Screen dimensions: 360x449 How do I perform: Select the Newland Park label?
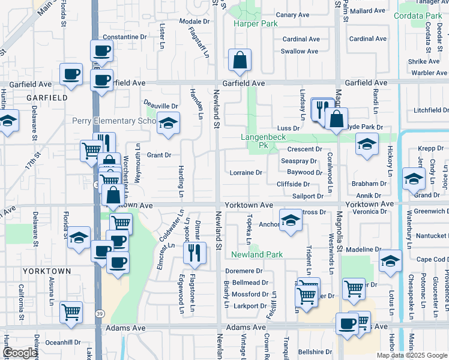coord(258,254)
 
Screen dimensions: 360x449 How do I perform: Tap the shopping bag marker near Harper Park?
coord(240,59)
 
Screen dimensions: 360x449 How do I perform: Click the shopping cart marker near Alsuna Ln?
coord(71,312)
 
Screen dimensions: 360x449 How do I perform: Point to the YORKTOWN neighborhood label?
coord(47,271)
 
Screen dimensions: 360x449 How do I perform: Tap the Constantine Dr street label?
coord(125,37)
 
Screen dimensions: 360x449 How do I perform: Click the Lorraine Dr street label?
coord(246,173)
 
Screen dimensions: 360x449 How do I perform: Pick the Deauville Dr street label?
coord(161,106)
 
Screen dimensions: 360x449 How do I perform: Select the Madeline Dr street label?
coord(364,249)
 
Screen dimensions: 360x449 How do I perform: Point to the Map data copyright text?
coord(412,355)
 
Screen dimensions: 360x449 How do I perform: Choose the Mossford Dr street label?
coord(250,295)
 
